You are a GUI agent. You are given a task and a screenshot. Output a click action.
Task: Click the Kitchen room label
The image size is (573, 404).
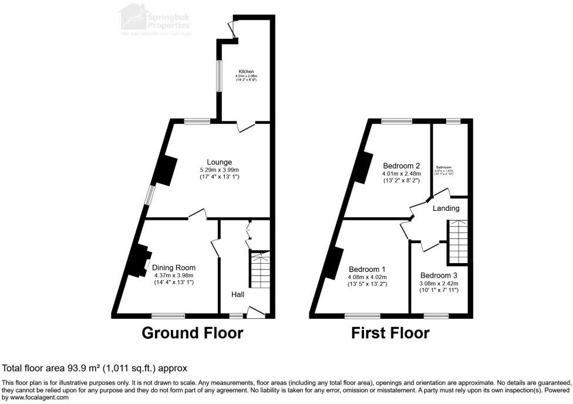tap(247, 72)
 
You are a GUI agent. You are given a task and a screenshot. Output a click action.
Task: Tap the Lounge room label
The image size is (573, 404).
tap(219, 162)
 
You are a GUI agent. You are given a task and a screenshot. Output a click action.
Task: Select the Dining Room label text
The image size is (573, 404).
tap(174, 268)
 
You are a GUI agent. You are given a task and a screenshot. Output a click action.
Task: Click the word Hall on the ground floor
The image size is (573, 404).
tap(237, 294)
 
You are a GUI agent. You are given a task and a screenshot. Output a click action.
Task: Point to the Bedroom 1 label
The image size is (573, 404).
tap(368, 270)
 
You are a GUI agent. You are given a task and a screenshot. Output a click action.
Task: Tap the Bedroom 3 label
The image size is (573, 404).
tap(439, 275)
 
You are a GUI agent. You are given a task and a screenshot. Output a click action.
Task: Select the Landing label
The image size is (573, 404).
tap(446, 208)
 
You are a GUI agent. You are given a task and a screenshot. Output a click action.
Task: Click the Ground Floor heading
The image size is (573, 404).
tap(193, 334)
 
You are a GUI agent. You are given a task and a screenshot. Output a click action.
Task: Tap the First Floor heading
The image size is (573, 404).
tap(390, 334)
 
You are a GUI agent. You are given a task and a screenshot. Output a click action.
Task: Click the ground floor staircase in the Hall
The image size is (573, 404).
tap(259, 268)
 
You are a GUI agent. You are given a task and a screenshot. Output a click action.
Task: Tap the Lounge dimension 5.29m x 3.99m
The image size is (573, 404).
tap(219, 170)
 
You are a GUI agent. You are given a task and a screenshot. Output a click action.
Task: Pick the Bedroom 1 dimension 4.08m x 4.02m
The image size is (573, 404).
tap(368, 277)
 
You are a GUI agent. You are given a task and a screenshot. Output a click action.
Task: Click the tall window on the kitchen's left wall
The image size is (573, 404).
tap(218, 76)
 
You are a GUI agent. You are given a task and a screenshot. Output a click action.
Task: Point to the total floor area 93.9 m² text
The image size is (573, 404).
tap(95, 368)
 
